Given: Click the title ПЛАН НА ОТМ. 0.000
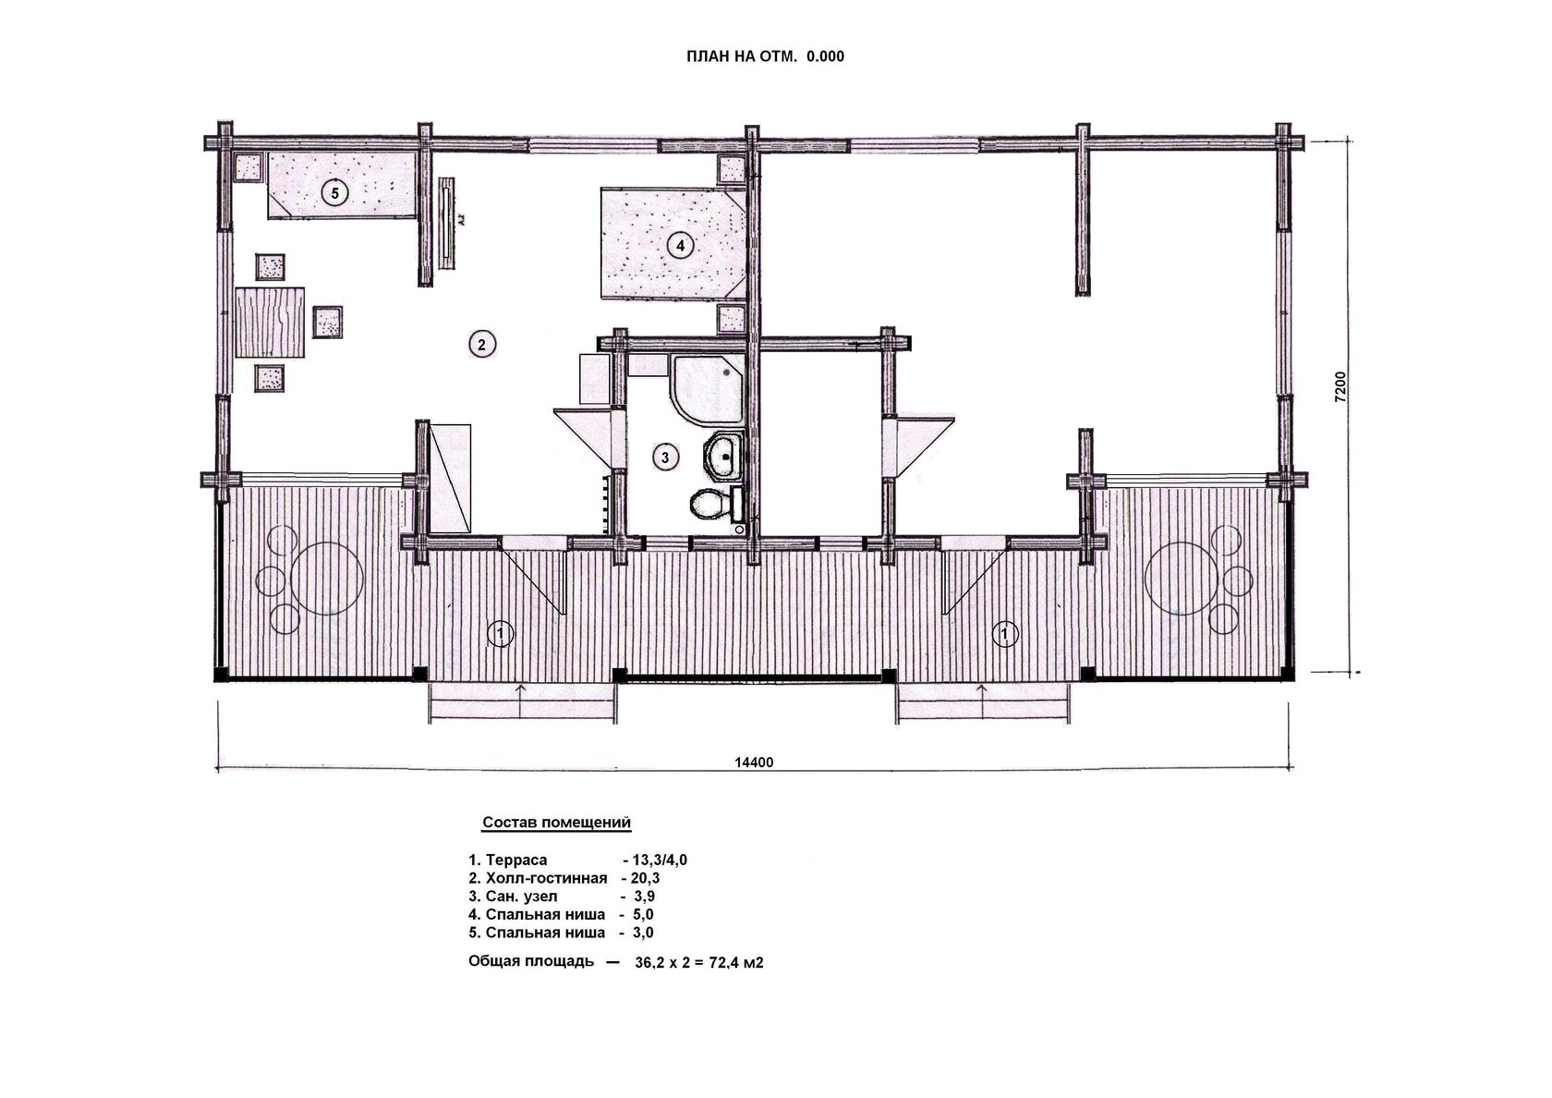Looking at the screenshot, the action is tap(765, 57).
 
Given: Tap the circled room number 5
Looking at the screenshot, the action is tap(334, 193).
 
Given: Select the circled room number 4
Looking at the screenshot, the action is tap(680, 246).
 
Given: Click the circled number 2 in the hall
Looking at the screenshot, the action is tap(482, 344).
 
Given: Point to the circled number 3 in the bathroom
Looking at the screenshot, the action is tap(665, 457).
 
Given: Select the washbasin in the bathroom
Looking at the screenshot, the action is tap(723, 457).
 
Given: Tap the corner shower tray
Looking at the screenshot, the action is tap(707, 390).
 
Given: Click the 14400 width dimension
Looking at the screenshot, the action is tap(754, 762).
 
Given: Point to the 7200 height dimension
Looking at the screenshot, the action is tap(1340, 386).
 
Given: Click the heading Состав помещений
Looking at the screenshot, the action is tap(556, 823).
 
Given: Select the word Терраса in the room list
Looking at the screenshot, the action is tap(516, 860).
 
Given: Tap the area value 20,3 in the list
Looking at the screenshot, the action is tap(645, 879).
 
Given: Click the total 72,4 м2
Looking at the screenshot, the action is tap(735, 963).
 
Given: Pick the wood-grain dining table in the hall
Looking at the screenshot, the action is tap(270, 323).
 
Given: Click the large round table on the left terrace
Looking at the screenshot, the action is tap(326, 579).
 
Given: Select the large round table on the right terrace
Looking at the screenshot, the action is tap(1181, 579).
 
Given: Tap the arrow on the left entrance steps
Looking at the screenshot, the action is tap(520, 701).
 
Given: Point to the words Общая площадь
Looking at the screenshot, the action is tap(530, 962).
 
